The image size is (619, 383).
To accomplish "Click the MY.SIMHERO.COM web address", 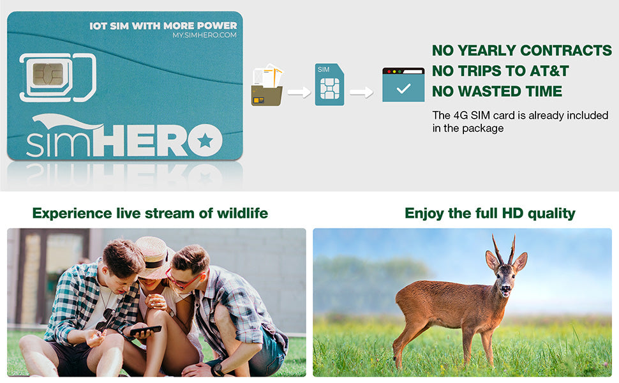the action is point(204,35).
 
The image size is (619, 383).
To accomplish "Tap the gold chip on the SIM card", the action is point(48,74).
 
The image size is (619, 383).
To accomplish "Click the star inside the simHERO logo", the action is point(205,140).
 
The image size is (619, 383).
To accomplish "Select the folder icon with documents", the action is point(267,85).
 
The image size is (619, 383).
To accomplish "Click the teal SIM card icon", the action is point(329,84).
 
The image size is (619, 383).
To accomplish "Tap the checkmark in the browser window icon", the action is point(403,88).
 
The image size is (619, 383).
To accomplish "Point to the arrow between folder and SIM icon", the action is point(299,93).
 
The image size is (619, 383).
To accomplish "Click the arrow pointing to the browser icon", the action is point(361,93).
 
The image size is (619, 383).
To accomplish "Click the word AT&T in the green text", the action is point(549,71).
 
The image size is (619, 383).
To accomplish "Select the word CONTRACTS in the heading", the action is point(565,50).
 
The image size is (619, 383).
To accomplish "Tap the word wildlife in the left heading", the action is point(242,213).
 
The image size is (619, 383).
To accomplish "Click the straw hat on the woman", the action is point(154,257).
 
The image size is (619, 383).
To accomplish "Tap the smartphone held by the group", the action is point(145,331).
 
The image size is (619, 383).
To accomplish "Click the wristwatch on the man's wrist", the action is point(217,370).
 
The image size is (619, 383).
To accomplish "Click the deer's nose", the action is point(505,289).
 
